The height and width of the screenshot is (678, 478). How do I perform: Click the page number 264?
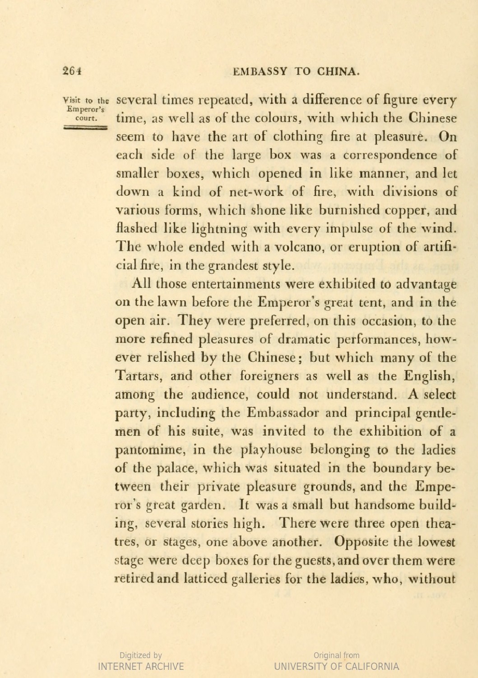point(72,71)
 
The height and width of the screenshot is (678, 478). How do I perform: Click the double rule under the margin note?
point(84,128)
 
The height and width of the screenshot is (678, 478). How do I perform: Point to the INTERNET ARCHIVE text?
point(141,666)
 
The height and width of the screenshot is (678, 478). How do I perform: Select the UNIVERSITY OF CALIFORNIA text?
point(336,666)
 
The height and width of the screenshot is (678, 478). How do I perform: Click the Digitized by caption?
point(141,655)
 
